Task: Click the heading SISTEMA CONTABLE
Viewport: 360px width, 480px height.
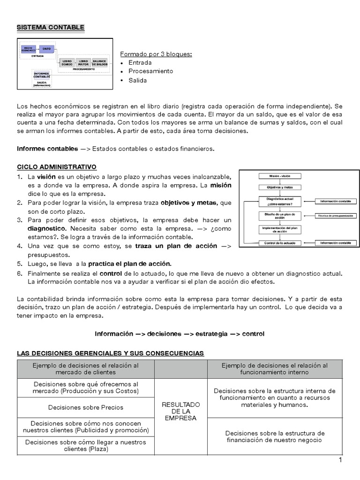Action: (51, 28)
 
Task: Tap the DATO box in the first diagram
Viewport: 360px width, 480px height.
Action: (46, 49)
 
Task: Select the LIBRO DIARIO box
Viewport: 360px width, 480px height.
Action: (67, 63)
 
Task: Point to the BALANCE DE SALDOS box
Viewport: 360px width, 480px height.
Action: (99, 63)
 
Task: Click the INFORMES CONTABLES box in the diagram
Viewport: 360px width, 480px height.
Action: (42, 75)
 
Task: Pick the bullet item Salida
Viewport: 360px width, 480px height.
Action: (137, 80)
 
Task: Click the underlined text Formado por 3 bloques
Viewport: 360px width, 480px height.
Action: (156, 54)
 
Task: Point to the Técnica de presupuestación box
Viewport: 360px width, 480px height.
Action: (335, 215)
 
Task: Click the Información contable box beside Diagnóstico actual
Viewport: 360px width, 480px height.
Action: (335, 202)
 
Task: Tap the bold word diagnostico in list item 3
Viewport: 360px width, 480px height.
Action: (46, 228)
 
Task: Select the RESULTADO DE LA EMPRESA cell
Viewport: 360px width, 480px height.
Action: (180, 411)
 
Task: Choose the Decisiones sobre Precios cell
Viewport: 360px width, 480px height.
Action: (86, 407)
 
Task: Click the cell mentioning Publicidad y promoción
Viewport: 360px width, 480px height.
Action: (86, 427)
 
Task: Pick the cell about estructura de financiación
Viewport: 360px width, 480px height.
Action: (275, 436)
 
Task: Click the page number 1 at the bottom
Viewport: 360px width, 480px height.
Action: (340, 460)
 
